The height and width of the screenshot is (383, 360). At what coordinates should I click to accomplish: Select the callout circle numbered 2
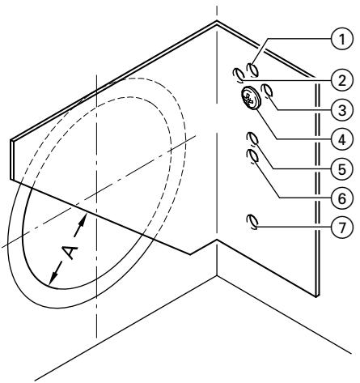(x=343, y=79)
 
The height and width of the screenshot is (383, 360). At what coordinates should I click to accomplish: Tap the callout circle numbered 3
(x=343, y=107)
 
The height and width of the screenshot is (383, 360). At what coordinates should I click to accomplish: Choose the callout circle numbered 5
(x=343, y=168)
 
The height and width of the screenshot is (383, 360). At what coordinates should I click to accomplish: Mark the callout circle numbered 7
(x=343, y=228)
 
